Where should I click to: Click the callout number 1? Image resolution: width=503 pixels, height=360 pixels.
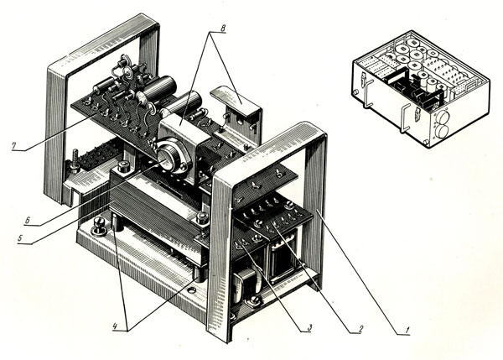407,330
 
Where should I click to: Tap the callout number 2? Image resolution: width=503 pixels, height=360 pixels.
360,328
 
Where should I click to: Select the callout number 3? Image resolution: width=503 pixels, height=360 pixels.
309,327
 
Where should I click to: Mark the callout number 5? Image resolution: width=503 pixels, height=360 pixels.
20,238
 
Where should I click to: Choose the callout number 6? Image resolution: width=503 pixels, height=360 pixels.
28,220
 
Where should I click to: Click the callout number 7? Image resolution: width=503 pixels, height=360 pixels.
13,146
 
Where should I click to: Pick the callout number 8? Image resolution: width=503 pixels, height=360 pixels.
223,28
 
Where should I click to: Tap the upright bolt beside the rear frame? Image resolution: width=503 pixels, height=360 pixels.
75,160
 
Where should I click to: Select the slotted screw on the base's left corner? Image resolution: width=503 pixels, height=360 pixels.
99,226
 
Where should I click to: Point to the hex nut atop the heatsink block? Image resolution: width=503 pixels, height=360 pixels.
122,167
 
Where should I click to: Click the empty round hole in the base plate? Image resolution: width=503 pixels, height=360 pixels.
191,290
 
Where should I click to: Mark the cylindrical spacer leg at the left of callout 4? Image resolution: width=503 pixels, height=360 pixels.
117,222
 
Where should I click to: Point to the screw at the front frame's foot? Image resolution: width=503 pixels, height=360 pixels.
255,301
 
